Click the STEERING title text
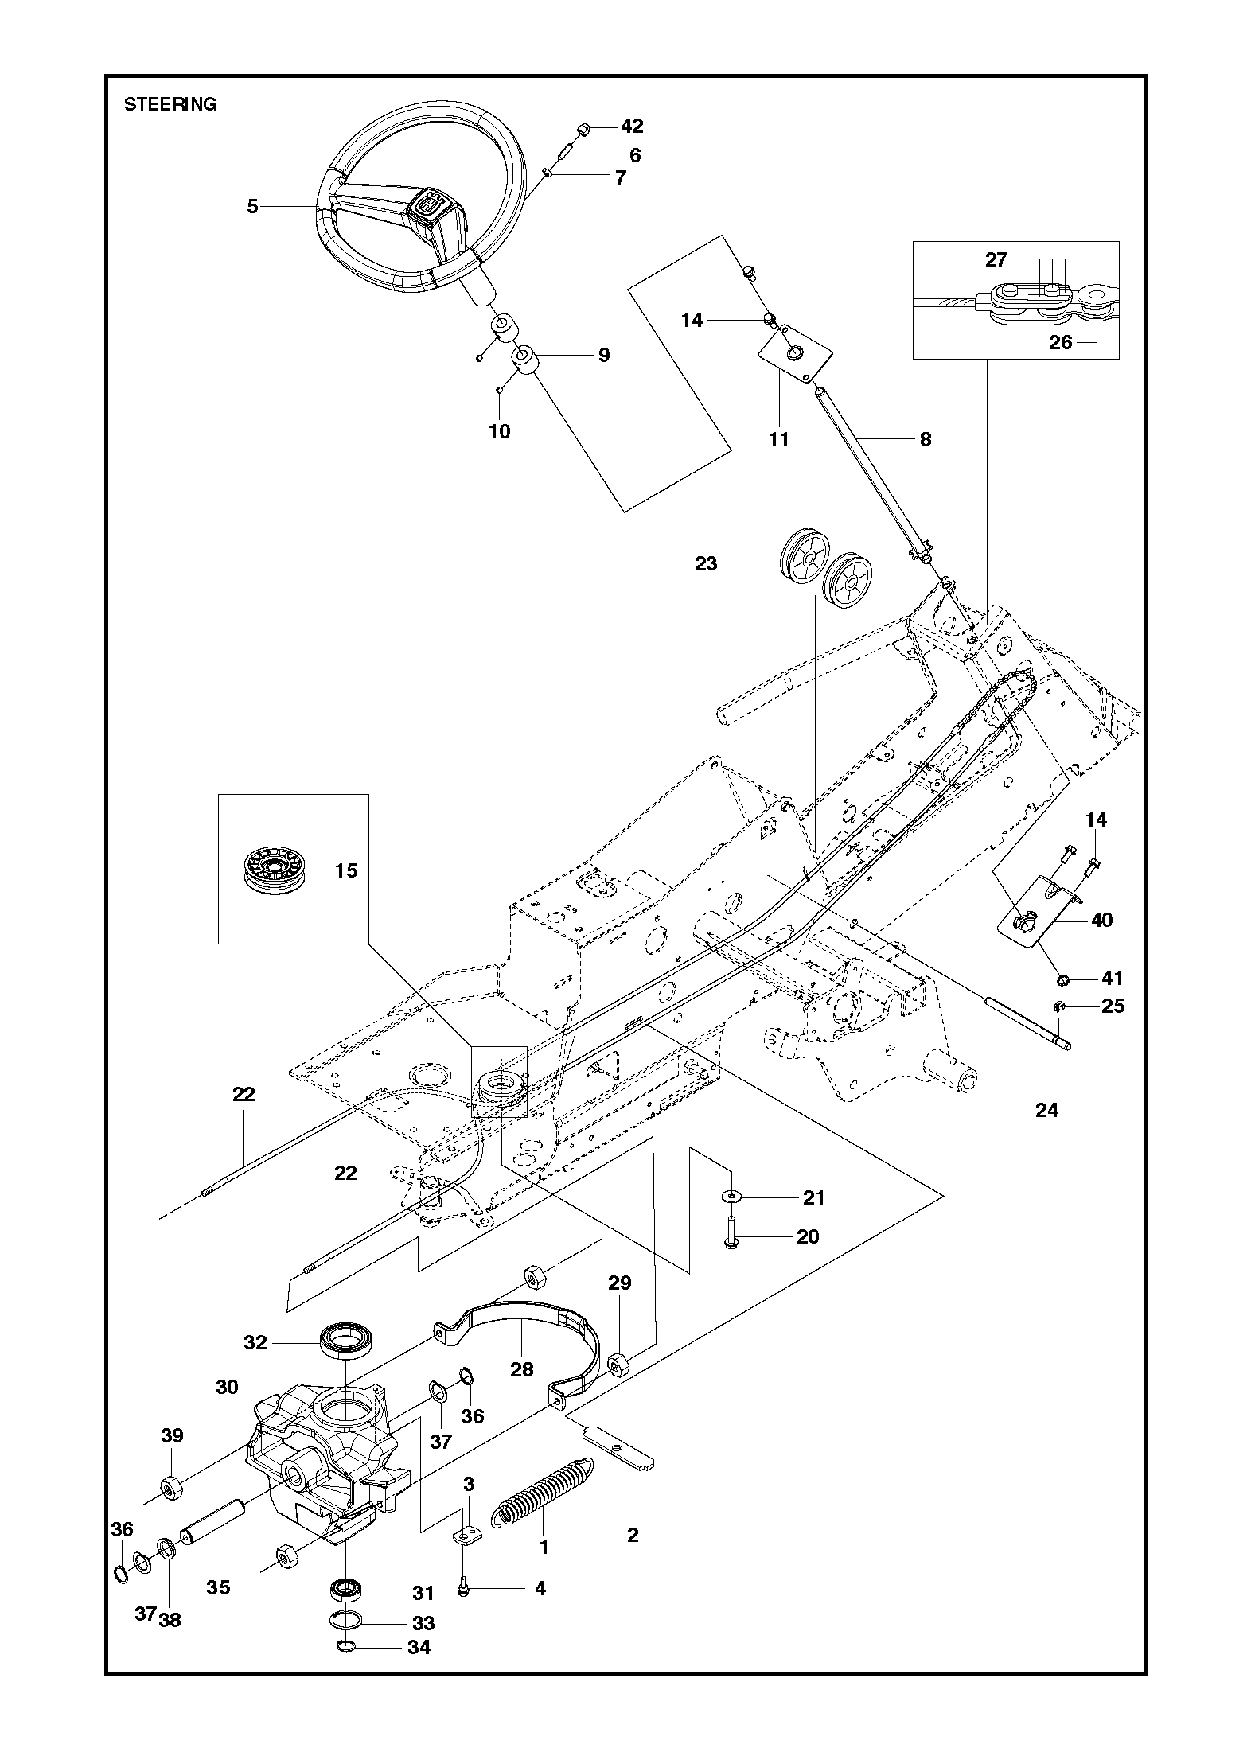(x=170, y=105)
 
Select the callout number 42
(x=632, y=127)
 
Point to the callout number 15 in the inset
(x=346, y=870)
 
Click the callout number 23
(x=706, y=563)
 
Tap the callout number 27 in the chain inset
(x=996, y=259)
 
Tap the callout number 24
(x=1046, y=1109)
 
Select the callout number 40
(x=1102, y=920)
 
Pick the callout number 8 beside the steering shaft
(x=925, y=439)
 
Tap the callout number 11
(x=778, y=439)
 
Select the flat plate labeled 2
(x=620, y=1453)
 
